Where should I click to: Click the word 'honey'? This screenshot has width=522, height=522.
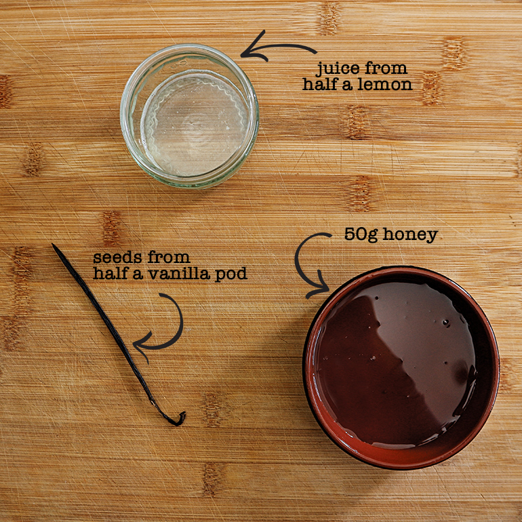pyautogui.click(x=410, y=235)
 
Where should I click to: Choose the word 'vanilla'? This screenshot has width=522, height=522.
pyautogui.click(x=179, y=273)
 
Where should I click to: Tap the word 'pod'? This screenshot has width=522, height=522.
pyautogui.click(x=230, y=275)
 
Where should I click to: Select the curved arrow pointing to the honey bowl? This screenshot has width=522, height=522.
pyautogui.click(x=298, y=263)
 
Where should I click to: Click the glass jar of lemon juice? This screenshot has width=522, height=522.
pyautogui.click(x=189, y=116)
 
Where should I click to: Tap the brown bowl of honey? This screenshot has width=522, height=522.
pyautogui.click(x=401, y=367)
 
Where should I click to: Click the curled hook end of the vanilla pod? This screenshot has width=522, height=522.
pyautogui.click(x=179, y=420)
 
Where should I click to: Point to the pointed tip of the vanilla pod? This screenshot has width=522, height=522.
pyautogui.click(x=53, y=245)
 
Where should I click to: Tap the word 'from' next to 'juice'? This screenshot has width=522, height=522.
pyautogui.click(x=386, y=68)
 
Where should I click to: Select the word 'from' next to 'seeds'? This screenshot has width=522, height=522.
pyautogui.click(x=169, y=258)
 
